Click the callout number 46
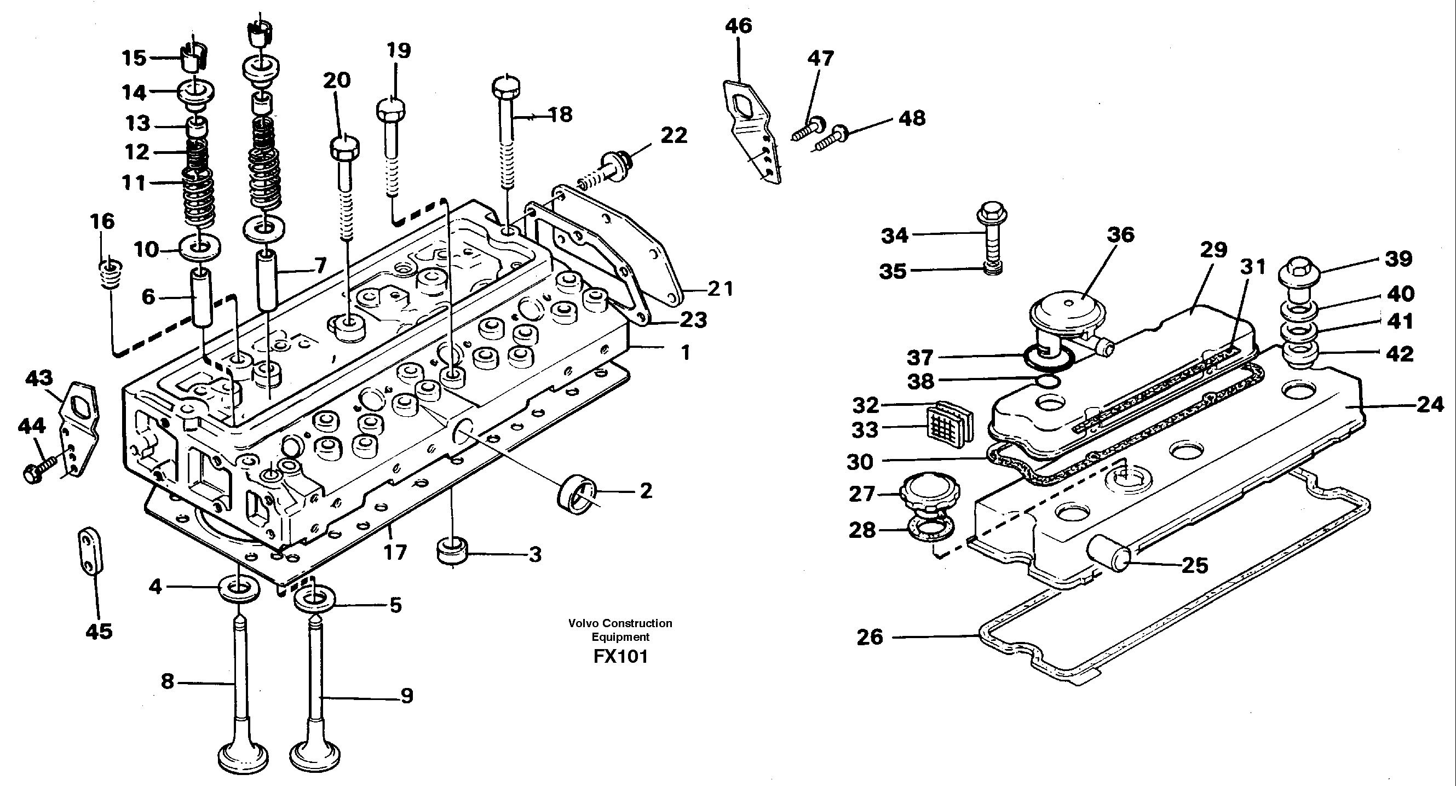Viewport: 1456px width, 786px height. point(738,26)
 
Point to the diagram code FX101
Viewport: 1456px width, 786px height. point(620,657)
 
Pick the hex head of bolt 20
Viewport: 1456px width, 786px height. point(344,148)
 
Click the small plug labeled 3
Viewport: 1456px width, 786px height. point(452,552)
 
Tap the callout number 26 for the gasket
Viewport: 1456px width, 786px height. point(870,637)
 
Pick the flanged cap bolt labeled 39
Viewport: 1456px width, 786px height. point(1299,276)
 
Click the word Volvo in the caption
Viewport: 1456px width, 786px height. point(584,623)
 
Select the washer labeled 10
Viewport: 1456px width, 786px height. point(199,248)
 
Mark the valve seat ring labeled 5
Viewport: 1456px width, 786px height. point(314,599)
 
